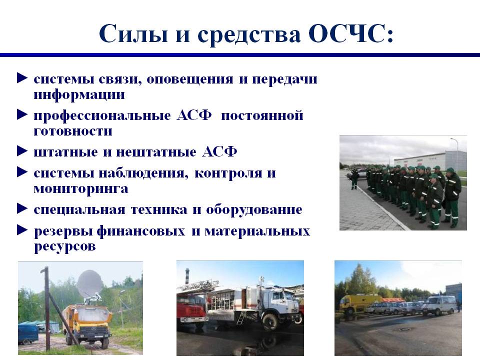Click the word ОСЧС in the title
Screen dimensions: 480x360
click(350, 33)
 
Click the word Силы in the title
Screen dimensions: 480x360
click(133, 33)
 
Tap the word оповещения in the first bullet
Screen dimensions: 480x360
click(190, 79)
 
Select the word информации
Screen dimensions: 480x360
click(79, 94)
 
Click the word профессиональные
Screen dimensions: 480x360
click(102, 116)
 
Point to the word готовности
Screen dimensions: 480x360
click(73, 131)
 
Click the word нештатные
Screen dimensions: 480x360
click(156, 152)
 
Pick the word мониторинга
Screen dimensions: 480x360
click(81, 189)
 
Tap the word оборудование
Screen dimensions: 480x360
click(254, 209)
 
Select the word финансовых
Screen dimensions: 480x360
click(141, 231)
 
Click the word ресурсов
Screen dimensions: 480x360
click(64, 246)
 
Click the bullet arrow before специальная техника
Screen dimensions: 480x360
click(22, 209)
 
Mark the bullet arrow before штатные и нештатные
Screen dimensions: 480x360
click(22, 151)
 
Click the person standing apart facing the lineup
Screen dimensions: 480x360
click(355, 179)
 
